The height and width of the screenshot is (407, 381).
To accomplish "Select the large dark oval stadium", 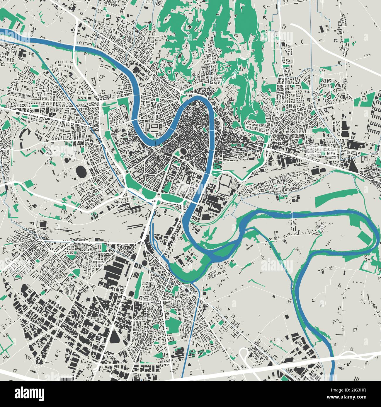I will point(81,172).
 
